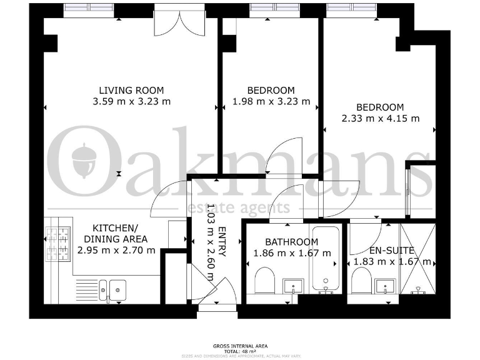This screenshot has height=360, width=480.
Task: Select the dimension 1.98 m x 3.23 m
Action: click(x=271, y=101)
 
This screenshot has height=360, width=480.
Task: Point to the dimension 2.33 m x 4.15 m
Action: click(x=380, y=118)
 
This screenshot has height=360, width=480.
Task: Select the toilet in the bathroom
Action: click(x=265, y=280)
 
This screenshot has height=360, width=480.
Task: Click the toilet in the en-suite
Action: click(x=361, y=281)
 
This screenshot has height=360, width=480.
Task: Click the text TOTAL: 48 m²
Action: click(x=239, y=351)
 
